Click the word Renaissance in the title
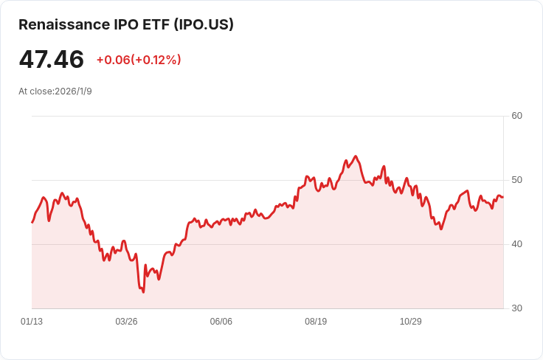(x=64, y=24)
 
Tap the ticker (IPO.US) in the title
(x=204, y=24)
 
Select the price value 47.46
(x=51, y=59)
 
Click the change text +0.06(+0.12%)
(x=139, y=60)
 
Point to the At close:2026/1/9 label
(x=55, y=91)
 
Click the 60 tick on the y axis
(x=516, y=116)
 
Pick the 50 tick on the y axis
(x=516, y=180)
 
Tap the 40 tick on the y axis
(x=516, y=244)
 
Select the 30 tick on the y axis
(x=516, y=308)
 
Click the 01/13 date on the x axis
(x=32, y=322)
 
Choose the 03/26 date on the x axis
(x=126, y=322)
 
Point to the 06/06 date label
(x=221, y=322)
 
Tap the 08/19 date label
(x=316, y=322)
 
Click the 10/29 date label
(x=411, y=322)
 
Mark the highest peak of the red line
(x=356, y=156)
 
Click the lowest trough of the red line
(x=143, y=292)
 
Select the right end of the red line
(x=503, y=197)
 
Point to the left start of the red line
(x=32, y=222)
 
